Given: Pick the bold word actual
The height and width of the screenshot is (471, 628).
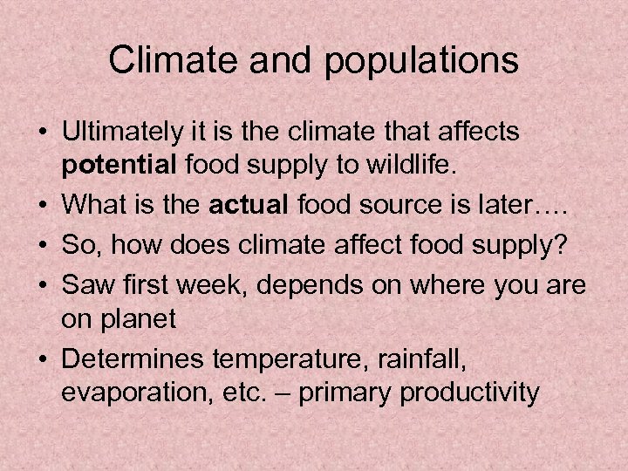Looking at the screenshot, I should pyautogui.click(x=253, y=205).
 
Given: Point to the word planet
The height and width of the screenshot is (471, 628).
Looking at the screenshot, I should pyautogui.click(x=138, y=318).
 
